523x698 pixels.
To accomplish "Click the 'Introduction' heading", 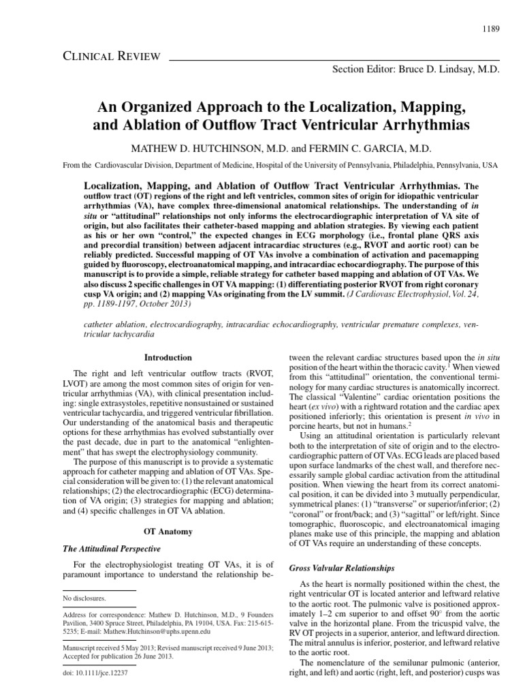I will click(x=169, y=357).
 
